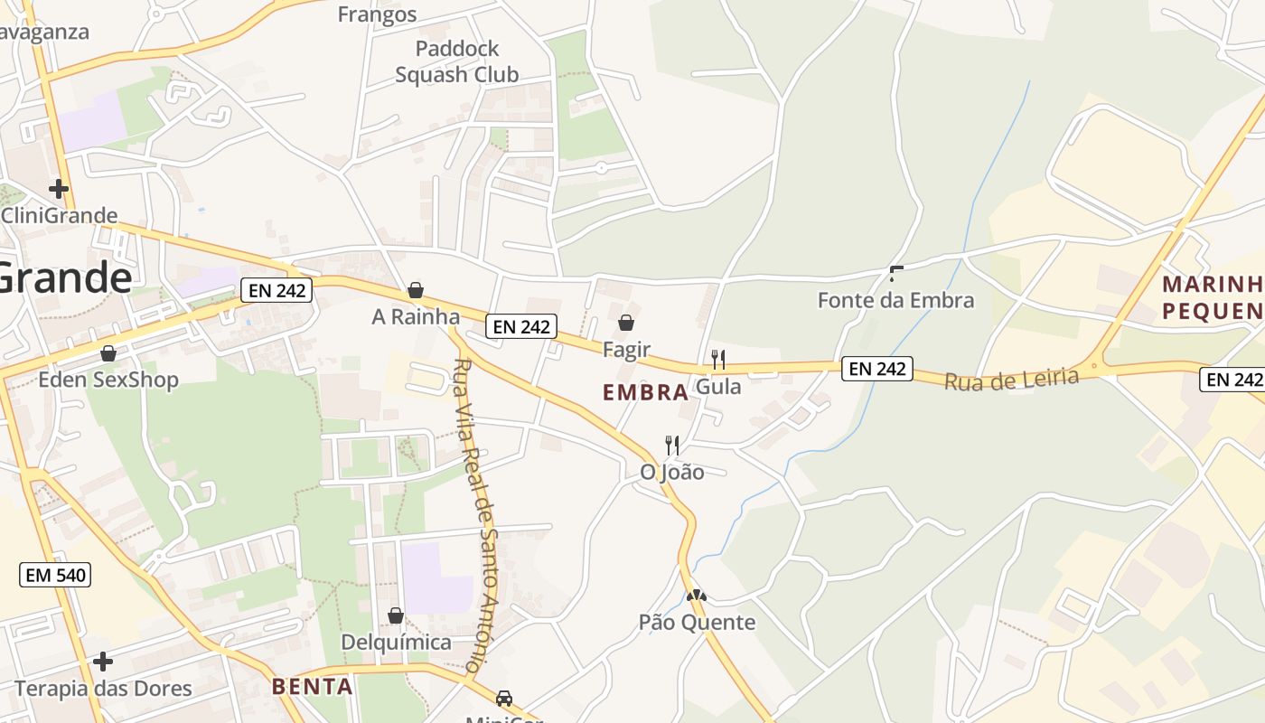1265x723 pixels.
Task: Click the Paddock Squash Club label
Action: click(x=456, y=61)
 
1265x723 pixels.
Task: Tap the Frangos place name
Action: click(x=377, y=14)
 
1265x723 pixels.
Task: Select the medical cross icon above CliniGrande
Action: click(x=59, y=189)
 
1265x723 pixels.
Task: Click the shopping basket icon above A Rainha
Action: click(x=416, y=290)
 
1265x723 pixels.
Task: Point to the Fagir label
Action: click(x=626, y=349)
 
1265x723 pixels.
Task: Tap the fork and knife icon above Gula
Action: click(x=718, y=360)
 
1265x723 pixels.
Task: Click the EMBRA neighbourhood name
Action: click(x=646, y=392)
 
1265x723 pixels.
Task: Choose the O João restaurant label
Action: click(x=671, y=472)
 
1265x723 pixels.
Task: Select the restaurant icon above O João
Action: click(x=672, y=445)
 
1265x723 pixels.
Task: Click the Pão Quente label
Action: click(x=697, y=622)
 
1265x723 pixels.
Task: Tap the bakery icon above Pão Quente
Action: click(x=697, y=596)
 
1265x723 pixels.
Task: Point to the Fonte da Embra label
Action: click(x=895, y=300)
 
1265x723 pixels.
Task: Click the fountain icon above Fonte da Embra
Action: click(x=896, y=272)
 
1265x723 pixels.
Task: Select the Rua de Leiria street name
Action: click(x=1011, y=379)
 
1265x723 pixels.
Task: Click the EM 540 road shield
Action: click(x=55, y=574)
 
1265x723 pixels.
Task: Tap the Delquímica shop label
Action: click(x=396, y=643)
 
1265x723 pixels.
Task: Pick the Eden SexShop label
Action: click(x=108, y=380)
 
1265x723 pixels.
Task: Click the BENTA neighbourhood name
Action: click(x=313, y=686)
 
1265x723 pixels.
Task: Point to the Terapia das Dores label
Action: click(x=103, y=689)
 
